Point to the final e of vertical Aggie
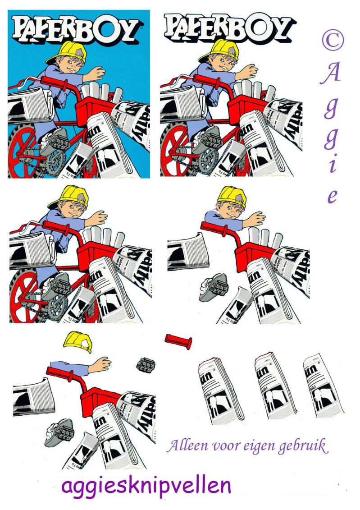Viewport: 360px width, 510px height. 332,197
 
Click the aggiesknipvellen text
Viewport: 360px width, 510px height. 146,486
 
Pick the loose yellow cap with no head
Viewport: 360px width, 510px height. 78,342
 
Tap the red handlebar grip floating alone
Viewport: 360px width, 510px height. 178,340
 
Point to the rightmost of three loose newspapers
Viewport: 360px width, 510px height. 323,383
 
